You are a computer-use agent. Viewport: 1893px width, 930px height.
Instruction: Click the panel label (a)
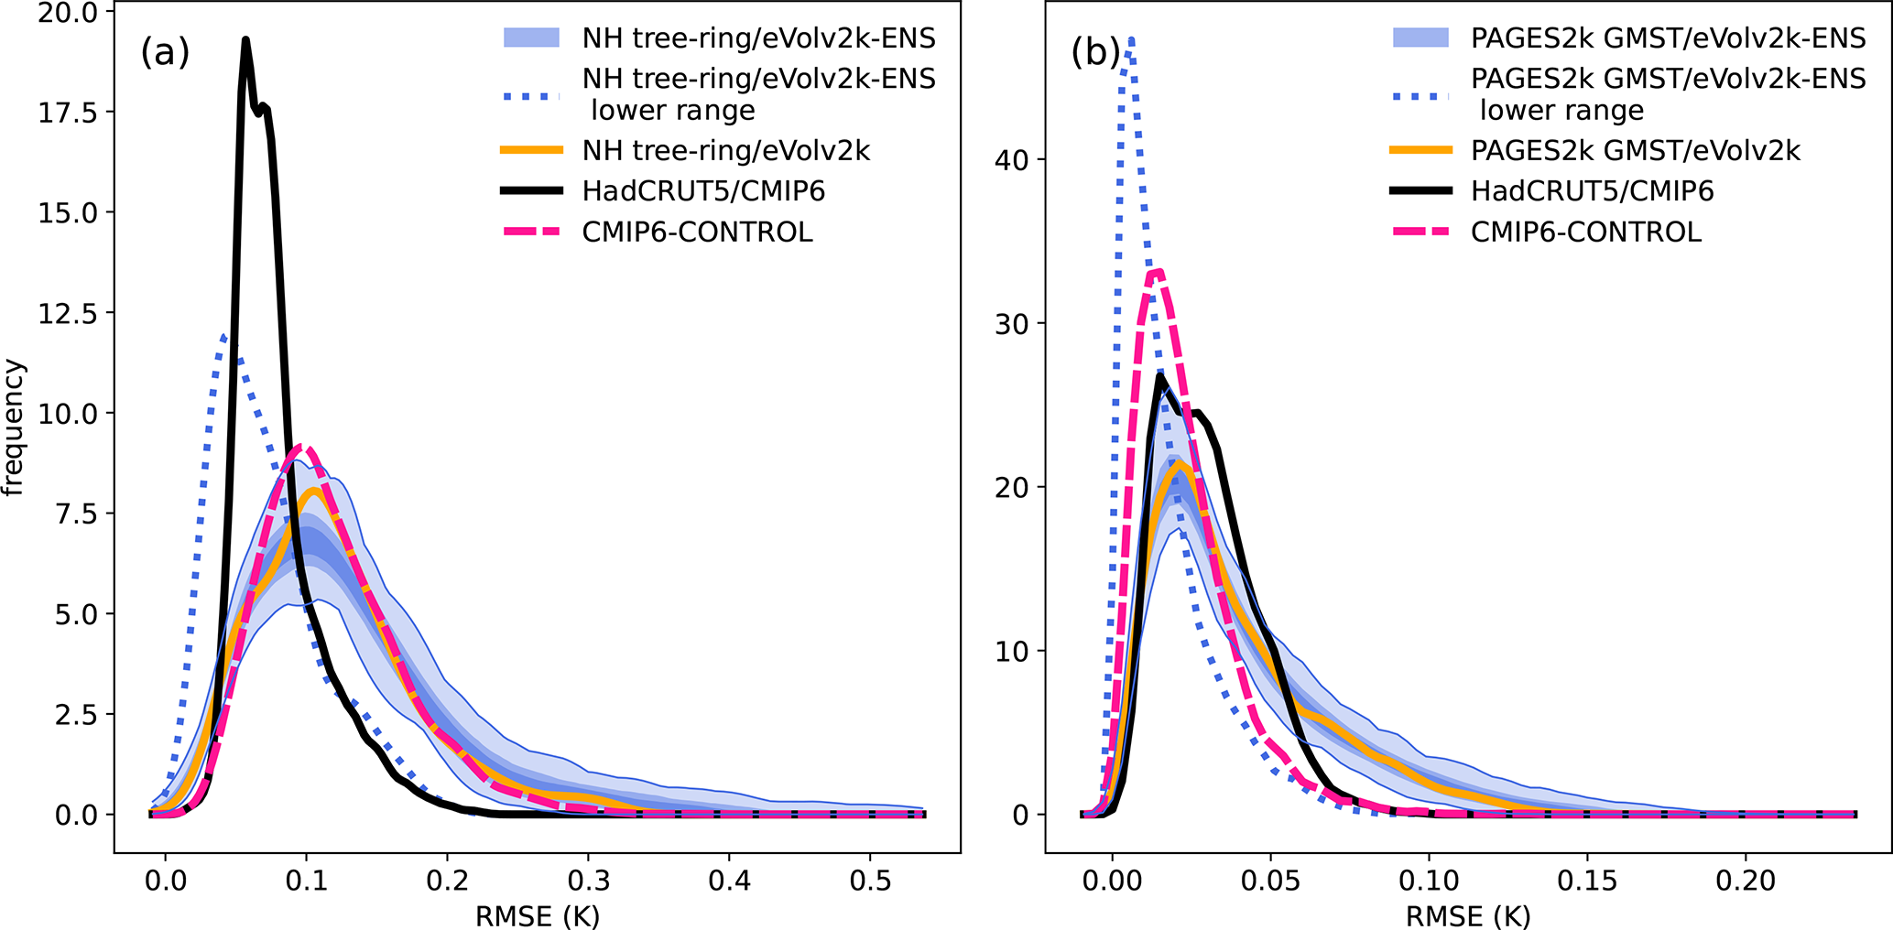pos(165,53)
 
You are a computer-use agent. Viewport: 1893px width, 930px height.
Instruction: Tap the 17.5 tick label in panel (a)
pos(68,113)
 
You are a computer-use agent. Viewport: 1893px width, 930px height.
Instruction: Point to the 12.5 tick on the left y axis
pos(68,313)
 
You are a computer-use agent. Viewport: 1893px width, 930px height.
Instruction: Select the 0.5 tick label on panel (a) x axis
pos(870,881)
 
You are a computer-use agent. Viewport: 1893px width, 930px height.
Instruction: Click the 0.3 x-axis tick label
pos(588,881)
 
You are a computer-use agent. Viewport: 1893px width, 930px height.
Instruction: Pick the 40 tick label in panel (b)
pos(1011,160)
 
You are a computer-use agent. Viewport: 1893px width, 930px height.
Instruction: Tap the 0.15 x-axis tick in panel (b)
pos(1587,881)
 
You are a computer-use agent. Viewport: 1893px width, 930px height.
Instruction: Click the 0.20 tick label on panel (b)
pos(1746,881)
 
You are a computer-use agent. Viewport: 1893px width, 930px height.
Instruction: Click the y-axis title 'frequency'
pos(14,428)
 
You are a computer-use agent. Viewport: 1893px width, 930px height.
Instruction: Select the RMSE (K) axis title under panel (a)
pos(537,915)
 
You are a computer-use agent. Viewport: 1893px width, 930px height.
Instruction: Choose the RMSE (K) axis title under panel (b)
pos(1468,915)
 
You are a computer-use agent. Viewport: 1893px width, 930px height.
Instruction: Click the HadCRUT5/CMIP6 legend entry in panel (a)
pos(703,191)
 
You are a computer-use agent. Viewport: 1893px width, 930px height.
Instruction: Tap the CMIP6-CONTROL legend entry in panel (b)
pos(1586,232)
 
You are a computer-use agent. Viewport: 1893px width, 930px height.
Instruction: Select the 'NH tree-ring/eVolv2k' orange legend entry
pos(725,150)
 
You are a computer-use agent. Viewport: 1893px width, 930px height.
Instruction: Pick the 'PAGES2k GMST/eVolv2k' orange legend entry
pos(1635,150)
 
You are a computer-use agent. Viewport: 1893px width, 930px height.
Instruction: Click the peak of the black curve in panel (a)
pos(245,39)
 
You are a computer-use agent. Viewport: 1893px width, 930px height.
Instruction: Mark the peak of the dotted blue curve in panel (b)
pos(1132,39)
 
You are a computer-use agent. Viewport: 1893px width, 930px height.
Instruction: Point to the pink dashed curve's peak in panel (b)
pos(1158,271)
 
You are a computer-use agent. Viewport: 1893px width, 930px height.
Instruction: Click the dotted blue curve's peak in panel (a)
pos(223,336)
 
